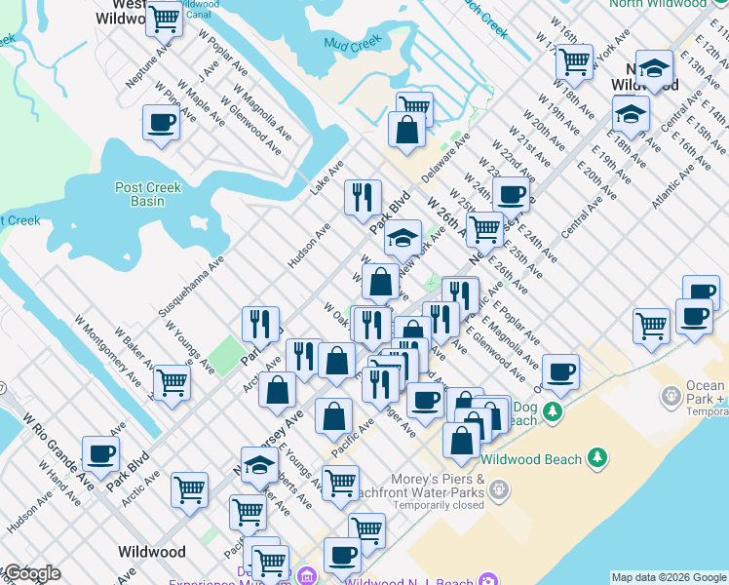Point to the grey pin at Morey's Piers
(x=500, y=487)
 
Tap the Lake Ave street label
(x=327, y=177)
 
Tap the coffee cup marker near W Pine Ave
(x=161, y=124)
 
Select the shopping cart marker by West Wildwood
(x=165, y=19)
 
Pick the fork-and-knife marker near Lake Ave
(x=363, y=198)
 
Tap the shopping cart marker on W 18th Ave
(x=574, y=62)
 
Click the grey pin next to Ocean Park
(x=671, y=397)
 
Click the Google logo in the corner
(x=31, y=573)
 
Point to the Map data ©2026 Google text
(x=668, y=577)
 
